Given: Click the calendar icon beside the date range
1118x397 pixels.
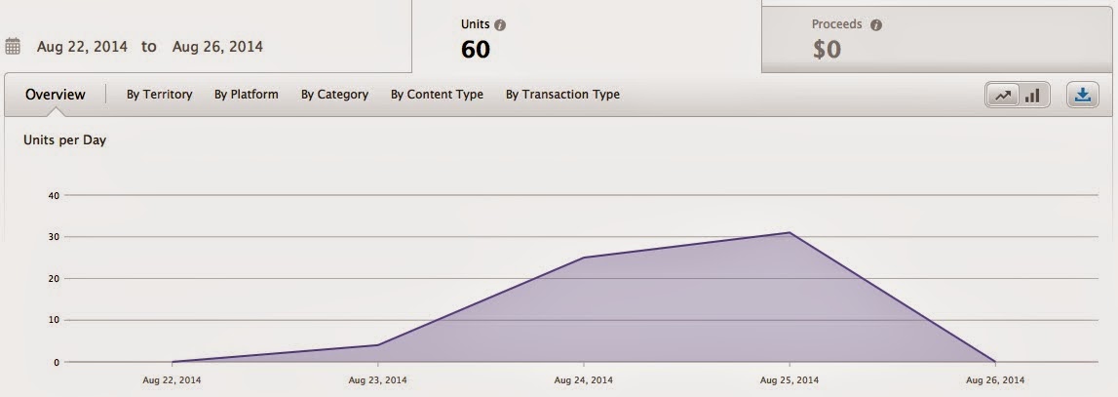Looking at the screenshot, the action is [12, 47].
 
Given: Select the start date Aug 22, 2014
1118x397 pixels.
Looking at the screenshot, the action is [82, 47].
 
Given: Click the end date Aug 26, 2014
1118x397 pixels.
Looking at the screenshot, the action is [217, 47].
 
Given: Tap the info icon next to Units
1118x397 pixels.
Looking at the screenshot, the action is [500, 25].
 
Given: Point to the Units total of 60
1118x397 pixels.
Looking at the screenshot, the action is [476, 50].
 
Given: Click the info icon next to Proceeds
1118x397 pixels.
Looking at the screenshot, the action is [875, 25].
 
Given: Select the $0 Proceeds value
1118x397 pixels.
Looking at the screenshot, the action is [828, 50].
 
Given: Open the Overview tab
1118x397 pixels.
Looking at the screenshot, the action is [55, 95].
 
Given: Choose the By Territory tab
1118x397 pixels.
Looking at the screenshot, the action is [159, 95].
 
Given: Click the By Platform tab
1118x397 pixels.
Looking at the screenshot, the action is [246, 95].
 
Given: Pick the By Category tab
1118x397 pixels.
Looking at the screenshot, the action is [334, 95].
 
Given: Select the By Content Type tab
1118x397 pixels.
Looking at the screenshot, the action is [437, 95].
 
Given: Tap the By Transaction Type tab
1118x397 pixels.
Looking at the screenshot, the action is [562, 95].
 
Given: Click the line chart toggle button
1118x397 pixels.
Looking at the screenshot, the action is [1003, 95].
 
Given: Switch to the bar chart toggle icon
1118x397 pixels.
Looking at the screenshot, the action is [1032, 95].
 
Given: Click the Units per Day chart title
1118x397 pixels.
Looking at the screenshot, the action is [65, 139].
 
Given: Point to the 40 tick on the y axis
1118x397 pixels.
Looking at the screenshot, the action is [53, 195].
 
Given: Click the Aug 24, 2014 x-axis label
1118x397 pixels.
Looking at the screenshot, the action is [583, 379].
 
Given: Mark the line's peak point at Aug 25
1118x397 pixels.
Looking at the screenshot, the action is [790, 232].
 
